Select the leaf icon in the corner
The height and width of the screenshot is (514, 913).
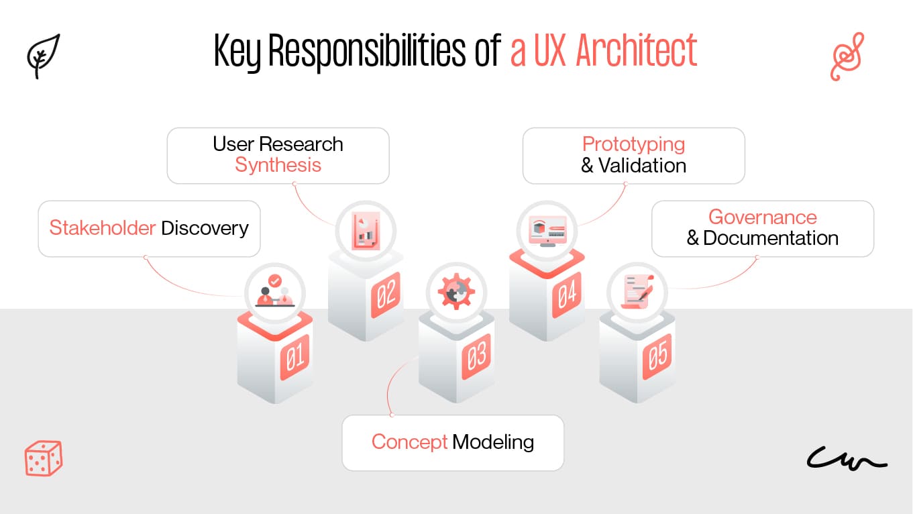click(x=44, y=56)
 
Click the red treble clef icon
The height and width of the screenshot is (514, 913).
click(x=847, y=57)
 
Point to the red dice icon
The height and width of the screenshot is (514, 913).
click(x=44, y=458)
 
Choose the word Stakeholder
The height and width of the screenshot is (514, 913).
click(x=103, y=228)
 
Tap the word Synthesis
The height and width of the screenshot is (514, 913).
click(x=278, y=166)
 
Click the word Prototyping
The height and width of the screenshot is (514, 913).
click(x=633, y=144)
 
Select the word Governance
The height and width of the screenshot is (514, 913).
click(x=762, y=217)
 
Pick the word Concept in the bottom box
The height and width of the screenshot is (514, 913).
click(x=409, y=442)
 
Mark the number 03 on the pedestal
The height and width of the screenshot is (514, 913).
click(x=476, y=357)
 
